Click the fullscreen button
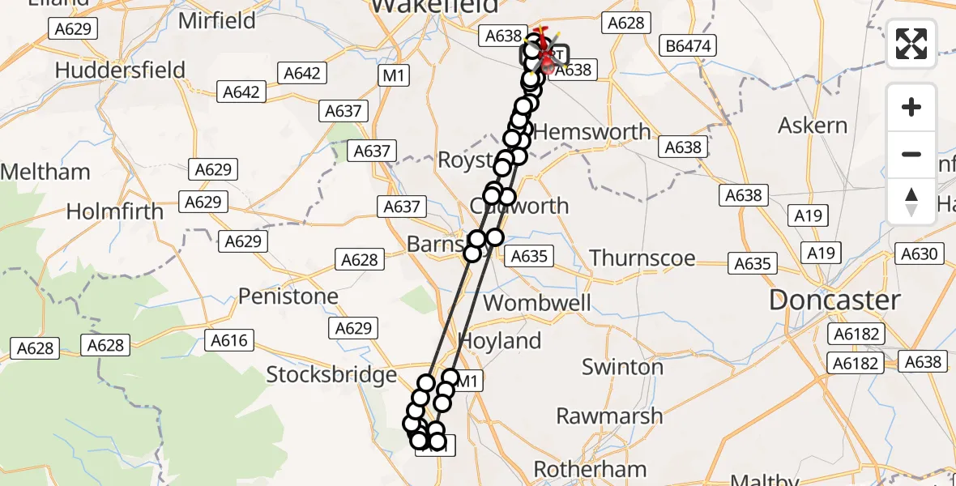click(x=911, y=44)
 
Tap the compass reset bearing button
click(x=911, y=202)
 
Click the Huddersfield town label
click(x=120, y=70)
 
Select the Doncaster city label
click(x=834, y=301)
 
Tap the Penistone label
click(x=288, y=296)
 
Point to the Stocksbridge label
click(x=331, y=375)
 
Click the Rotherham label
click(x=590, y=469)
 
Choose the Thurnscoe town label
click(x=642, y=258)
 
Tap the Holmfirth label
click(x=114, y=212)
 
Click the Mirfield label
click(x=216, y=21)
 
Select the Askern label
click(x=813, y=126)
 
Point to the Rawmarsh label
click(x=609, y=416)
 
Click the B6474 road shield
click(x=688, y=46)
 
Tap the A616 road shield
click(x=229, y=340)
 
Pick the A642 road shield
click(x=302, y=73)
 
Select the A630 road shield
click(x=919, y=254)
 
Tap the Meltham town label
click(x=45, y=172)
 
